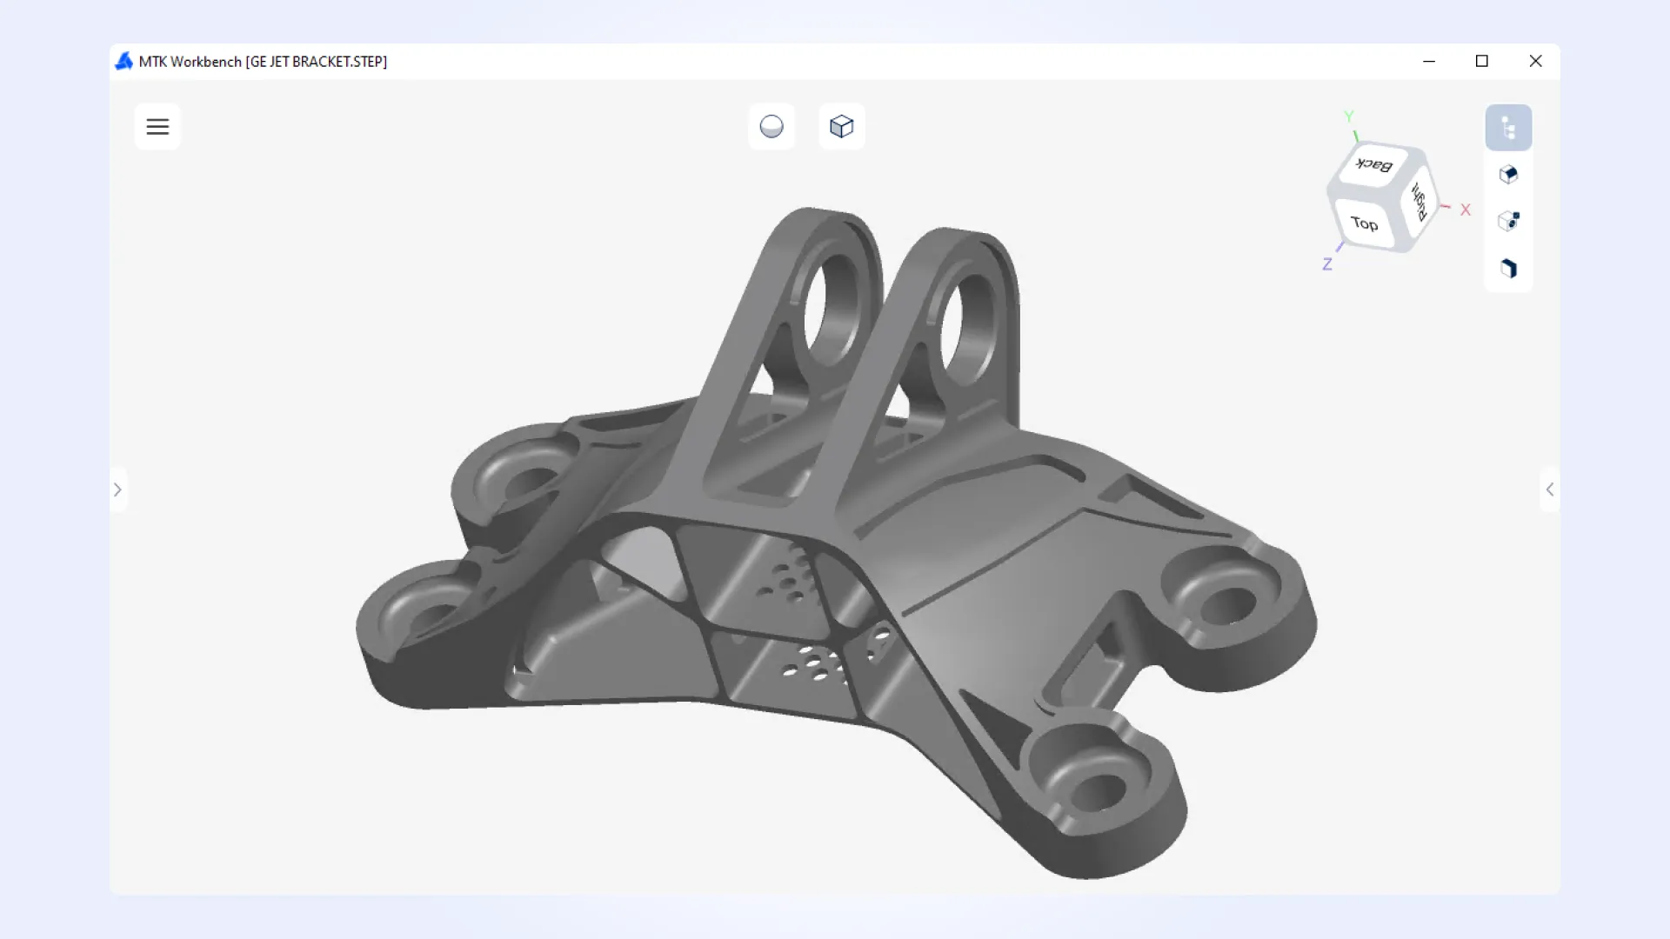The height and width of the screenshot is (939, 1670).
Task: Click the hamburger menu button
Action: coord(157,127)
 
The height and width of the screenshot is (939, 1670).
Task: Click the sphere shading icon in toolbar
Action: coord(772,127)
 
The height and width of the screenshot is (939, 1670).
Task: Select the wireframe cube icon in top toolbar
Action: coord(841,127)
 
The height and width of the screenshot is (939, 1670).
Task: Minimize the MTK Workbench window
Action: coord(1429,61)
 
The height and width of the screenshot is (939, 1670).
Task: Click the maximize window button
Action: coord(1482,61)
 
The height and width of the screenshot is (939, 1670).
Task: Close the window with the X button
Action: coord(1535,61)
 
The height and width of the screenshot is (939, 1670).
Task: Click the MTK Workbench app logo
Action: coord(124,61)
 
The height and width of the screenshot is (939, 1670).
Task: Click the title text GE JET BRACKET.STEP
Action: coord(317,62)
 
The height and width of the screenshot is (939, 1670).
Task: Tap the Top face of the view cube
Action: coord(1364,223)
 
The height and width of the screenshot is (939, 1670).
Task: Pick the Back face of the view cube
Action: coord(1374,164)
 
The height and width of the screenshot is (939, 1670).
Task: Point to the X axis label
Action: coord(1466,210)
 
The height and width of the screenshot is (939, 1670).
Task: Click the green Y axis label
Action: coord(1348,117)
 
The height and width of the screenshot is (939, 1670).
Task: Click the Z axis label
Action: coord(1327,264)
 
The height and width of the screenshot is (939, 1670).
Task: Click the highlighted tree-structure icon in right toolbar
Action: coord(1508,128)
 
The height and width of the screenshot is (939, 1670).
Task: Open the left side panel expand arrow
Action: coord(117,489)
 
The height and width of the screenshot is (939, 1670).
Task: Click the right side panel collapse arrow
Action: coord(1549,489)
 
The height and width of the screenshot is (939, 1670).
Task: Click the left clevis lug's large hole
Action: coord(831,309)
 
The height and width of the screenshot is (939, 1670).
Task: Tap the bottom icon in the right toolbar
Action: coord(1508,268)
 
